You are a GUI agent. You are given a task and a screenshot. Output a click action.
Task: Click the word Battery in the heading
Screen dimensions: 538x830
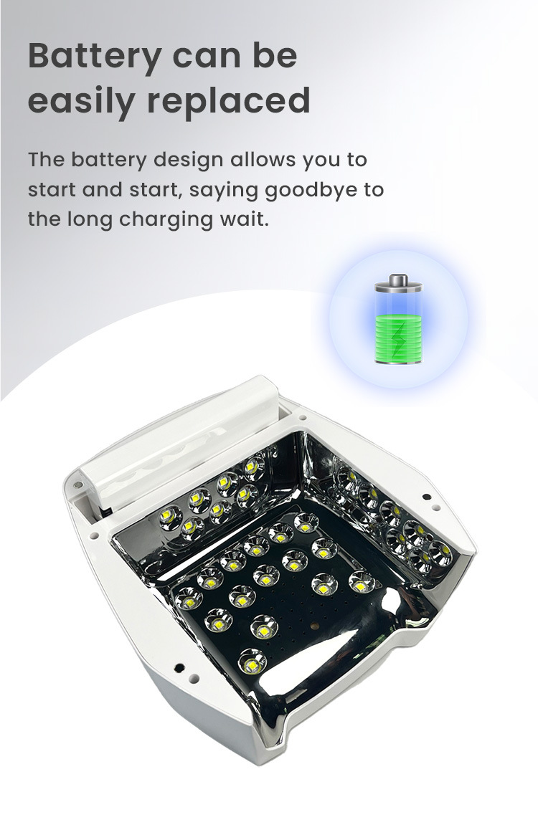pyautogui.click(x=95, y=56)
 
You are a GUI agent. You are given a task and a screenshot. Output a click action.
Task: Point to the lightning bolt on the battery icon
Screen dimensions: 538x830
pyautogui.click(x=399, y=339)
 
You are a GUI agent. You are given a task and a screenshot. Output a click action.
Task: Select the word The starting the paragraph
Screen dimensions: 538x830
pyautogui.click(x=46, y=160)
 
